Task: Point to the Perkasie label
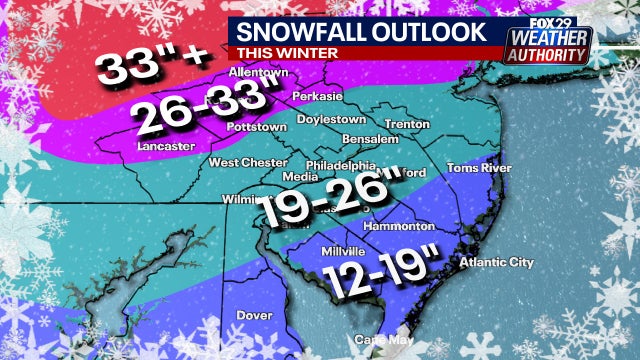[x=317, y=97]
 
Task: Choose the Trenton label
[x=406, y=124]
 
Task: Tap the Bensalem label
[x=369, y=138]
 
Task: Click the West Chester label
[x=242, y=161]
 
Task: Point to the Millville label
[x=343, y=250]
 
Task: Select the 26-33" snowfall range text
[x=204, y=109]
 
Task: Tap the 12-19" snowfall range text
[x=379, y=273]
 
